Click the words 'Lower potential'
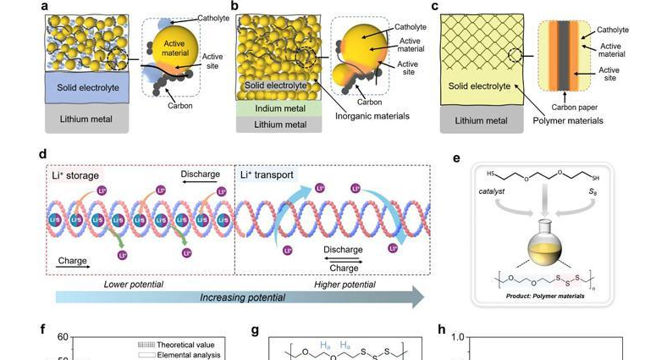pyautogui.click(x=134, y=284)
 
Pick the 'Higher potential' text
pyautogui.click(x=345, y=284)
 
